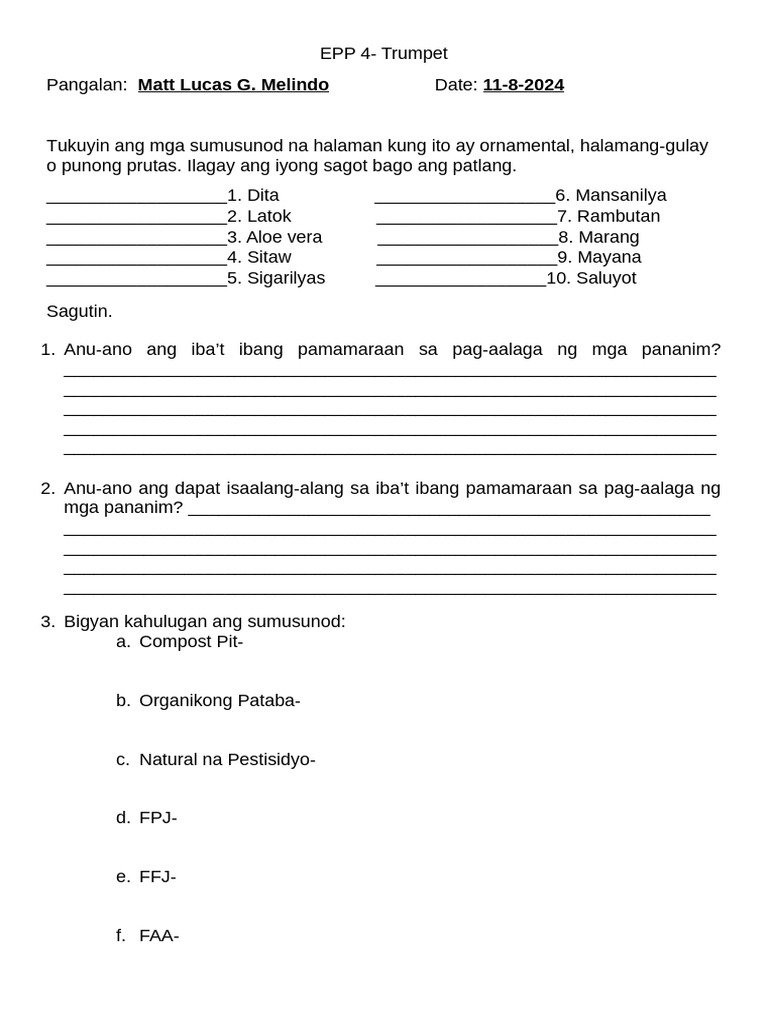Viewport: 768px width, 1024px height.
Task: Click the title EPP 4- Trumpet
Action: [x=383, y=53]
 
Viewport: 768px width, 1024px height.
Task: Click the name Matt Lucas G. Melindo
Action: [x=233, y=85]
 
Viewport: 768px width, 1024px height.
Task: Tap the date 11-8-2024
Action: [x=523, y=85]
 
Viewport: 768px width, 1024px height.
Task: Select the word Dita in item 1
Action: [x=263, y=195]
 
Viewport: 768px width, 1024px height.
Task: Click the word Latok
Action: [x=269, y=216]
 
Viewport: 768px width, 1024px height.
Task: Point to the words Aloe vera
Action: [x=284, y=237]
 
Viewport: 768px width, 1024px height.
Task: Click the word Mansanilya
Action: [x=621, y=195]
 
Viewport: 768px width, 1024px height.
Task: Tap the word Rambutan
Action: [x=618, y=216]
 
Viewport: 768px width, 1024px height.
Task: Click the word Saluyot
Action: [x=606, y=278]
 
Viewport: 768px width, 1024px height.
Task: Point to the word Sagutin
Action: [x=79, y=311]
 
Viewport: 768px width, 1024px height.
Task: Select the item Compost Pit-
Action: [x=191, y=641]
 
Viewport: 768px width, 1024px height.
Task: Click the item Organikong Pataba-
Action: [x=220, y=700]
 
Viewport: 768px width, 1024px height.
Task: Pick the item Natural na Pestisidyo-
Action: [x=227, y=759]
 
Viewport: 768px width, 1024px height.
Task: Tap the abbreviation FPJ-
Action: [x=158, y=818]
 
